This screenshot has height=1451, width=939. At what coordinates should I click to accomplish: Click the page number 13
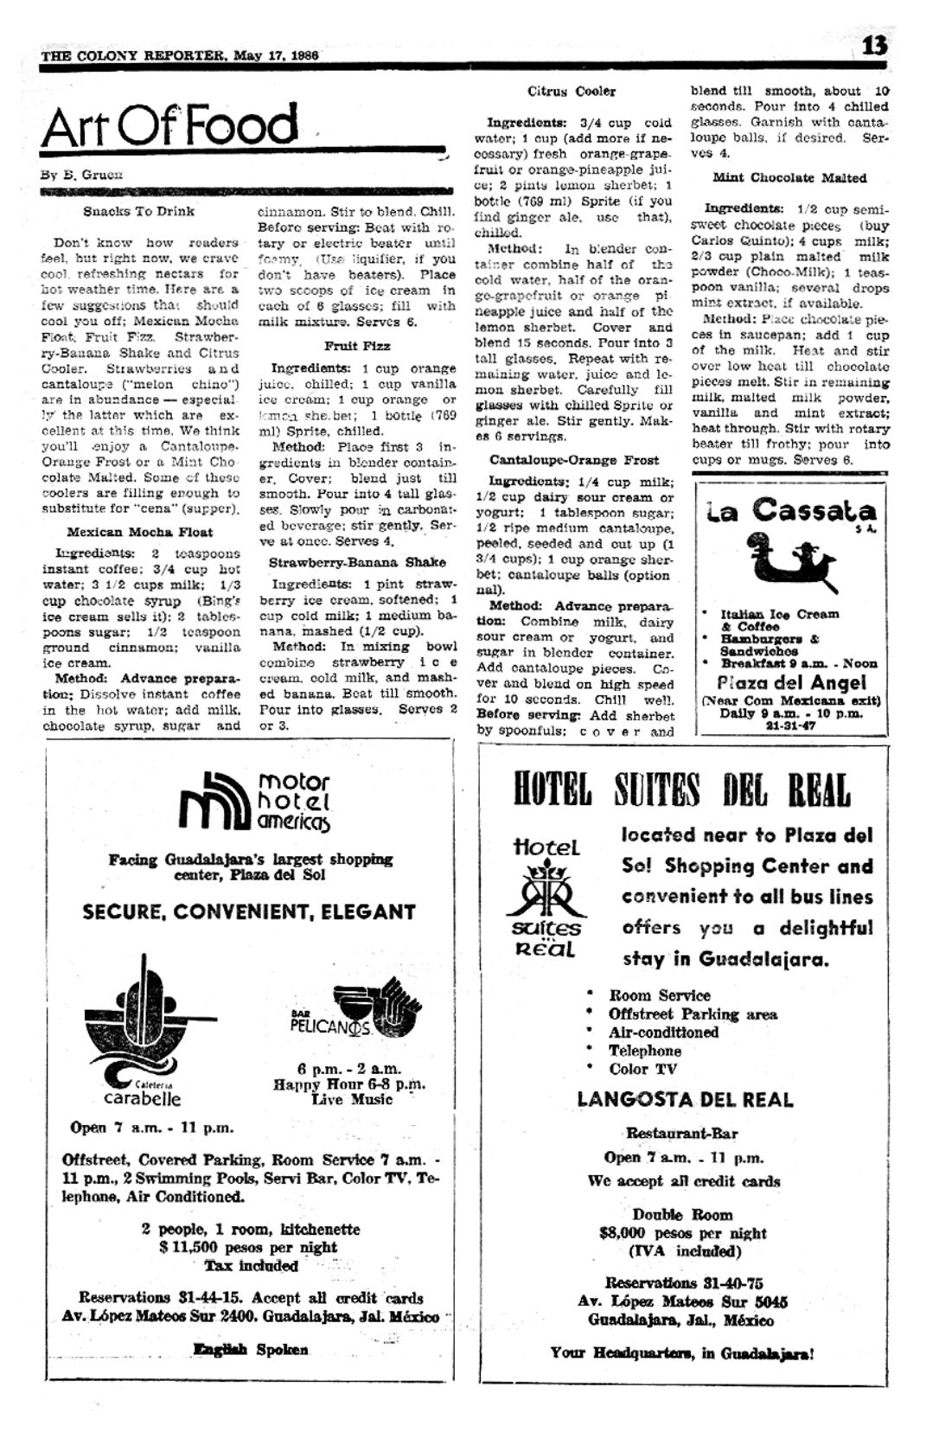coord(874,45)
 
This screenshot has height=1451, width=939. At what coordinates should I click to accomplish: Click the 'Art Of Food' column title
coord(169,126)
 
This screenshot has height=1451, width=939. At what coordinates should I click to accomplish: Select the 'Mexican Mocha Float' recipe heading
coord(139,532)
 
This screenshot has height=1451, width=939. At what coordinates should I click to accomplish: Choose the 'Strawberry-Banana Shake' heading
coord(357,562)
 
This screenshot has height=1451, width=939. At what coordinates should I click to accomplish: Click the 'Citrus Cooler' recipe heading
coord(572,92)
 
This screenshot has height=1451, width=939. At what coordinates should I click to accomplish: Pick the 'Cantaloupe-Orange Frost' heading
coord(574,460)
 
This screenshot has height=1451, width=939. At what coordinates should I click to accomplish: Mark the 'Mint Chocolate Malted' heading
coord(789,178)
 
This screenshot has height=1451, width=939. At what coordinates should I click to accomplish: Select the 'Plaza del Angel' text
coord(791,683)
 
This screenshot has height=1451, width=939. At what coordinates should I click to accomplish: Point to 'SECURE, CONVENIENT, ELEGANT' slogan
coord(249,912)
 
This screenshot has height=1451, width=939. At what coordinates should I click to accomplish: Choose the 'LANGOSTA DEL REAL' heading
coord(685,1100)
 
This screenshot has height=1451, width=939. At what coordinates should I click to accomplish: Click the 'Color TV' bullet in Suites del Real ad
coord(644,1069)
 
